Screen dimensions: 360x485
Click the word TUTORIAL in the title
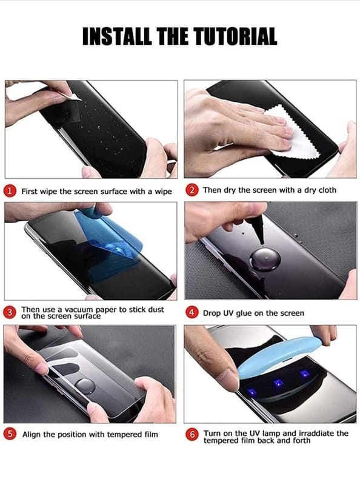[236, 36]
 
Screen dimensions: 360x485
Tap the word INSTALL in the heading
[117, 36]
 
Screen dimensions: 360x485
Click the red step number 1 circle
[10, 191]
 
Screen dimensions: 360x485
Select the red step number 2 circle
[192, 190]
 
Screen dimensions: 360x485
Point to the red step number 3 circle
[10, 312]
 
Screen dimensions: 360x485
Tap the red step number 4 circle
[192, 313]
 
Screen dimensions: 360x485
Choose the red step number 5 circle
[10, 434]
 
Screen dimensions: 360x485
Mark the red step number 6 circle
[192, 435]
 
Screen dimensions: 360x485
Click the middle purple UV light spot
[279, 384]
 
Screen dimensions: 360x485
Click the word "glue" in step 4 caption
[244, 313]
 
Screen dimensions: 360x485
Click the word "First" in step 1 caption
[29, 192]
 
